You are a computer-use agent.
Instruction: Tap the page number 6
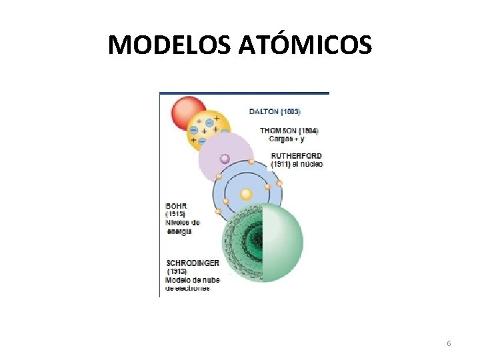449,343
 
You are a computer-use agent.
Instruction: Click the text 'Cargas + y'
287,139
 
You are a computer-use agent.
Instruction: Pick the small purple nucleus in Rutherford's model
225,159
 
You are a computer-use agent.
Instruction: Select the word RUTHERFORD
297,155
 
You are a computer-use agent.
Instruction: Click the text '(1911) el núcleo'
297,163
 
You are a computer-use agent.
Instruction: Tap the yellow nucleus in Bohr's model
246,194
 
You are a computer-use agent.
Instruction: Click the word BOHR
175,206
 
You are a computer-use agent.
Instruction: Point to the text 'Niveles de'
182,223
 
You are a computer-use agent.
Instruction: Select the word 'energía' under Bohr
179,231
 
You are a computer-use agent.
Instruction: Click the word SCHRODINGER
193,263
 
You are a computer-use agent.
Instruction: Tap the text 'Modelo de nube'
193,280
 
